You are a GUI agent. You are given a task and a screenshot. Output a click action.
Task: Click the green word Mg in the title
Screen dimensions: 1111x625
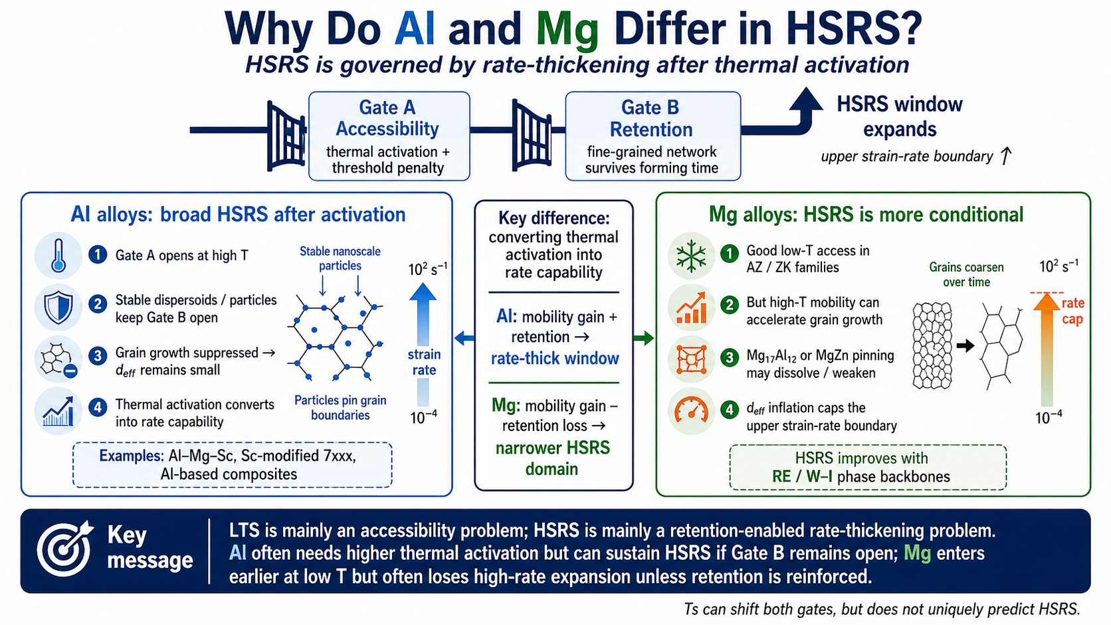click(567, 31)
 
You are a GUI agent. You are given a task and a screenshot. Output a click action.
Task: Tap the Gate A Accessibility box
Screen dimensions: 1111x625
click(389, 135)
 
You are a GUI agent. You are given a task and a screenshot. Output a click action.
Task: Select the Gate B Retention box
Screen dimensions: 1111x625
click(653, 135)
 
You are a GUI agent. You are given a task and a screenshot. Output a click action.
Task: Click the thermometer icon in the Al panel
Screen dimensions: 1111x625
click(58, 256)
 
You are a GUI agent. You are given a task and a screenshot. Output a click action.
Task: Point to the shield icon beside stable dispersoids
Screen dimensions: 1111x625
click(58, 308)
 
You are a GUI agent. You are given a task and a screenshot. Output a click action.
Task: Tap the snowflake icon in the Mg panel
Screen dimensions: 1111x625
click(691, 256)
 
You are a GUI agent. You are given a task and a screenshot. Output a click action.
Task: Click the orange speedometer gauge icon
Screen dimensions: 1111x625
click(691, 410)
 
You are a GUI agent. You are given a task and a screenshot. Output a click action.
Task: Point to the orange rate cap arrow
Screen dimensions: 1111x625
click(1047, 350)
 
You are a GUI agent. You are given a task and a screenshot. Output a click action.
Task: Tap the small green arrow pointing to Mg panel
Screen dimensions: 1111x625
click(644, 339)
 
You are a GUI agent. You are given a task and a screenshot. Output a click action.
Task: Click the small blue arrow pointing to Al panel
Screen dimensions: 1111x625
click(464, 339)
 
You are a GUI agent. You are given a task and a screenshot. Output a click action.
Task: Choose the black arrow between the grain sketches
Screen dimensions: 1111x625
click(965, 345)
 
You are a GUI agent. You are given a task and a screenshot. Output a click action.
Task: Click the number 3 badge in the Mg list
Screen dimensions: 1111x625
click(729, 357)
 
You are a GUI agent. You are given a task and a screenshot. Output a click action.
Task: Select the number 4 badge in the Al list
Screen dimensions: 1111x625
click(98, 407)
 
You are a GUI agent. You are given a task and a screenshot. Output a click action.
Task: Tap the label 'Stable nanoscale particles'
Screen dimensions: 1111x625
click(340, 259)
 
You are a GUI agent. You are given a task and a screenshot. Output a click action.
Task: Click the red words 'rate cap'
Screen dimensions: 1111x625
click(1072, 311)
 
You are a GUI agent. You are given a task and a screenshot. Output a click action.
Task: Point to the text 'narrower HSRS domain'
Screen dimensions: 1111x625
click(553, 458)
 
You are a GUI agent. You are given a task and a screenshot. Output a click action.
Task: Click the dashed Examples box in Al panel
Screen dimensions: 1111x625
click(232, 465)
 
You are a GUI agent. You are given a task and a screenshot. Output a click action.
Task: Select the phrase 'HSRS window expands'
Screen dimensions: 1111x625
click(900, 116)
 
